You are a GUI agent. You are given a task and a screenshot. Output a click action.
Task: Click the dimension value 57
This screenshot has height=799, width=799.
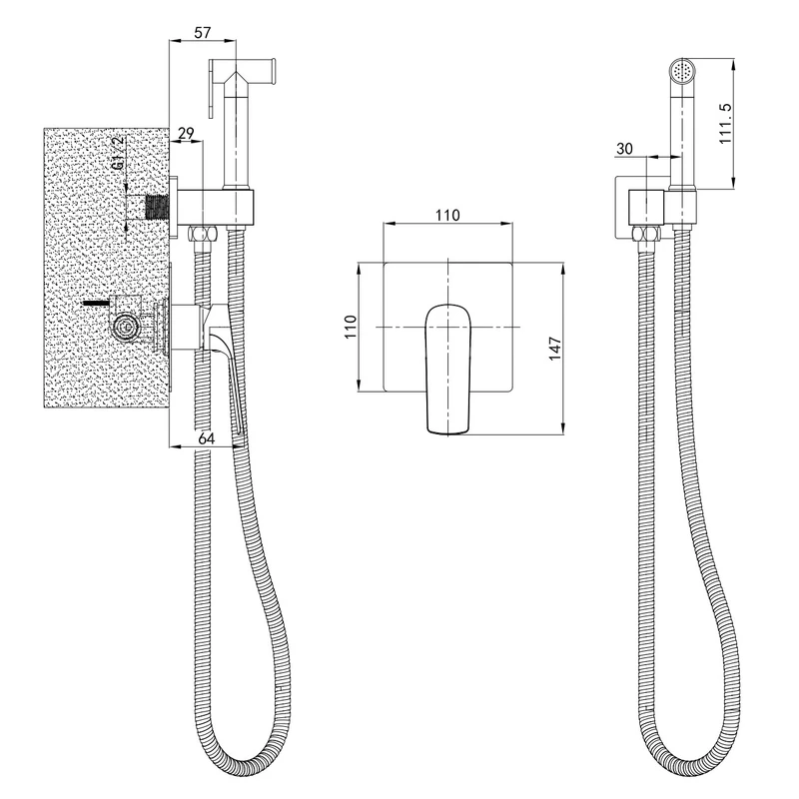203,33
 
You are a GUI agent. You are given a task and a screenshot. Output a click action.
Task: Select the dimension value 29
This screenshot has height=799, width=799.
186,134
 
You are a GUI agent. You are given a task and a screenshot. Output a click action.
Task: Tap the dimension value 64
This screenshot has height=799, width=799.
206,438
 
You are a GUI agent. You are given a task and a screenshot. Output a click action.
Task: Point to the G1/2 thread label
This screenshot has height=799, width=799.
118,153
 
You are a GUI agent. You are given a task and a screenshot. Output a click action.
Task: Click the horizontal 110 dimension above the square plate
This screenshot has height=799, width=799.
447,215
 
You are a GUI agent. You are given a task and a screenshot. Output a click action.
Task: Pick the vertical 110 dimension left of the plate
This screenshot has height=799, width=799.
351,327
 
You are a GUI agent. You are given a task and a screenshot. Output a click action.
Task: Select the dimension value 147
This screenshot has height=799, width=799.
555,348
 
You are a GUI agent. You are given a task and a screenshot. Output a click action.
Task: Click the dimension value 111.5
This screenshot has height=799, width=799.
725,123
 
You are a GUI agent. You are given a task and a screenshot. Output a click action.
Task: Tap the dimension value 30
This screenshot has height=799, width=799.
624,148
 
